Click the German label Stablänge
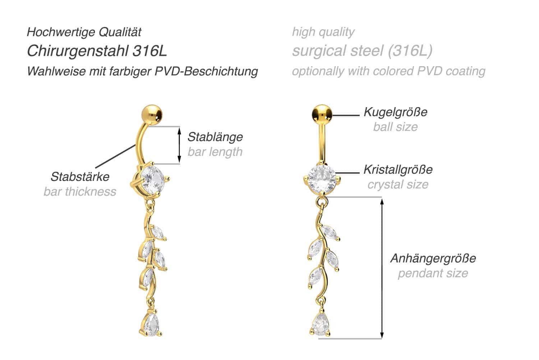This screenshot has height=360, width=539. [215, 137]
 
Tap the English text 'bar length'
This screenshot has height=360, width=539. [215, 152]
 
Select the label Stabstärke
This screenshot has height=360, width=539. [80, 177]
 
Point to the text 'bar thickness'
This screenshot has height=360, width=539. [80, 192]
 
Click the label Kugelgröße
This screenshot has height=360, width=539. [396, 112]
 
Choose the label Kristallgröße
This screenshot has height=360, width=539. [398, 169]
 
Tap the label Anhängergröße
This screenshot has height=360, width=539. [433, 258]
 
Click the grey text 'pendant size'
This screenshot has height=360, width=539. [433, 273]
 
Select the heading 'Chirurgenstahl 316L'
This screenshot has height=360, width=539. [97, 51]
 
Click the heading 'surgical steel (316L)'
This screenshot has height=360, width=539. [362, 51]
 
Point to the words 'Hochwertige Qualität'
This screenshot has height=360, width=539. [84, 32]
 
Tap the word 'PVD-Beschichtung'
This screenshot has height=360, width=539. [206, 71]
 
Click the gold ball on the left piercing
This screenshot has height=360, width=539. [152, 115]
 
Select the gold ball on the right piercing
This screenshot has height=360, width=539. [322, 115]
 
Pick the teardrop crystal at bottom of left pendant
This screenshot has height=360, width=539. [151, 324]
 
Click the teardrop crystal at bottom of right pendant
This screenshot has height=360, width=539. [320, 324]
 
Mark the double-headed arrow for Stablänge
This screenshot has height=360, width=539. [179, 145]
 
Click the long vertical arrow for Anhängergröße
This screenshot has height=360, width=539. [382, 268]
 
